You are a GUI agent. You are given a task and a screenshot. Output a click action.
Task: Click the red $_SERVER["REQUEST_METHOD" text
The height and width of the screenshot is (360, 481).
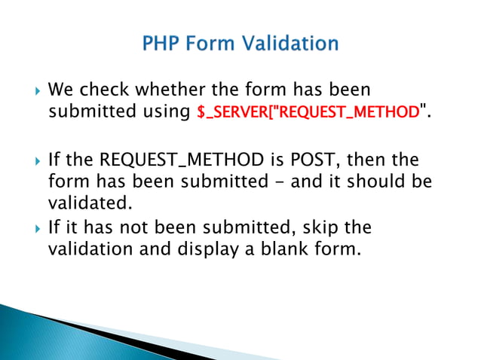[307, 111]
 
